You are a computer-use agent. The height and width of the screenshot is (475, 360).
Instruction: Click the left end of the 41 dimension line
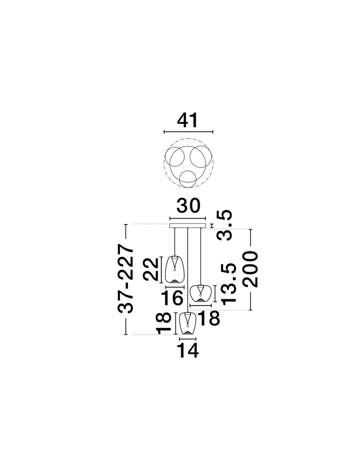[x=164, y=131]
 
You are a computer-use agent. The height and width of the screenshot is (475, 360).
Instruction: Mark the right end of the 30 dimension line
[x=205, y=218]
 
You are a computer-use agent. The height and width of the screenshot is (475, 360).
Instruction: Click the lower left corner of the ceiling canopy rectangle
[x=170, y=228]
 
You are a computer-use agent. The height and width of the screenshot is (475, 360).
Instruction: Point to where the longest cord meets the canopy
[x=187, y=228]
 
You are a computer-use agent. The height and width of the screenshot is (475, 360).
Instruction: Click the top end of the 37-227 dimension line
[x=126, y=225]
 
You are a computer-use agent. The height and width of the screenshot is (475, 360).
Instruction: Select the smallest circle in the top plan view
[x=188, y=179]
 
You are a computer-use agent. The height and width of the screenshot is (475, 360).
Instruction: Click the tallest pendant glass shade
[x=174, y=270]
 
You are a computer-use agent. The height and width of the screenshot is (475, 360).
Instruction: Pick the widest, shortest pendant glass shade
[x=200, y=294]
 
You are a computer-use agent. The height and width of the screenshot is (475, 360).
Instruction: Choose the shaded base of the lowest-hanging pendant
[x=187, y=332]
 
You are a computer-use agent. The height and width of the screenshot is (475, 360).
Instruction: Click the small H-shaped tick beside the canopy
[x=212, y=226]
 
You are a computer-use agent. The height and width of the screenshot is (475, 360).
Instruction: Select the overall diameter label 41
[x=187, y=120]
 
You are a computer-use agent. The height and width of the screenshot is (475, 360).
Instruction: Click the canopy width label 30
[x=188, y=205]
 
